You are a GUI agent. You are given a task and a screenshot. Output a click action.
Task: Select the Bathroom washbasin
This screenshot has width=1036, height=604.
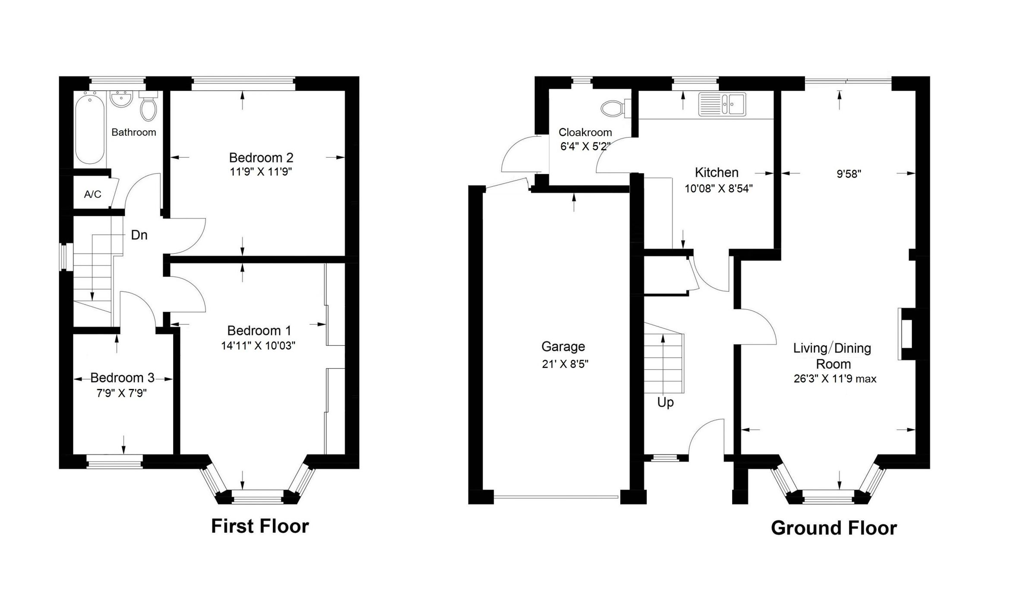coord(121,99)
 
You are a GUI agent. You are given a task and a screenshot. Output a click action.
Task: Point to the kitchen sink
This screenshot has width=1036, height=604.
coord(722,104)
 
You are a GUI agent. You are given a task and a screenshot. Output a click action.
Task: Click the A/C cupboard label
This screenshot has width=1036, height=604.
coord(93,194)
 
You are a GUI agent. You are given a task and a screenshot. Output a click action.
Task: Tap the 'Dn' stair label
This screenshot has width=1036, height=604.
coord(139,235)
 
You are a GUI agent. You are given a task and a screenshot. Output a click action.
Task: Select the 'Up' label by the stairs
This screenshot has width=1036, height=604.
coord(665,402)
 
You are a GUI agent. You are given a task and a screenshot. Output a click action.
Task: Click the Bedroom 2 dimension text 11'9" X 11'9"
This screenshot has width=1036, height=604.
coord(261,172)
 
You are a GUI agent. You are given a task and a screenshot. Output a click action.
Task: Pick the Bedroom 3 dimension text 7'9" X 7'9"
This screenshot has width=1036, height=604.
coord(122,393)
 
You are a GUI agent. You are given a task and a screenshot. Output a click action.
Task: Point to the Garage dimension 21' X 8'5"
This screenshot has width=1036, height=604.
coord(565,364)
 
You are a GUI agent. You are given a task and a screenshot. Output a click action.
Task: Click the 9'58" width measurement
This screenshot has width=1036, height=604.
coord(849,174)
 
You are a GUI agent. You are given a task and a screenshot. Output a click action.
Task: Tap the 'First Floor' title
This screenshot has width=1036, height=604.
coord(260,526)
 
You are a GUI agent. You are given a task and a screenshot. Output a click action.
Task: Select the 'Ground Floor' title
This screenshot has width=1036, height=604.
coord(834,528)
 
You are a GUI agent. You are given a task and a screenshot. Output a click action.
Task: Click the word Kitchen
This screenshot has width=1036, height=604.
coord(717,173)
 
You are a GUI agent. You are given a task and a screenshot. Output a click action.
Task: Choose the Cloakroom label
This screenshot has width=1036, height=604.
coord(585,133)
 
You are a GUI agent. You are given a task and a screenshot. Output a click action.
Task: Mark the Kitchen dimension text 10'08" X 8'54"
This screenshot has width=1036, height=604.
coord(719,189)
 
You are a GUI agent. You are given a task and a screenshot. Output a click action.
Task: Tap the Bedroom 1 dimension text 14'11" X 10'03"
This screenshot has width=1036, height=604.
coord(258,346)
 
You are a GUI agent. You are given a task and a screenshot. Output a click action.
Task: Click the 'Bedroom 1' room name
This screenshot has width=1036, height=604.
coord(259,331)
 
